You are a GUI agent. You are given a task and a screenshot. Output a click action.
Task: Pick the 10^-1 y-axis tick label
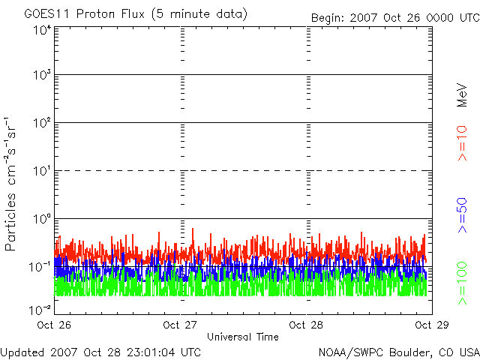[40, 266]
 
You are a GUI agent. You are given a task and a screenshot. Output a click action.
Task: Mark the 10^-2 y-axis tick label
[40, 308]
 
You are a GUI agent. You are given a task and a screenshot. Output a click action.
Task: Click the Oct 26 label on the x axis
[54, 325]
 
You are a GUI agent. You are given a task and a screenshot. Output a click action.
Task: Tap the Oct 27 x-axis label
[181, 325]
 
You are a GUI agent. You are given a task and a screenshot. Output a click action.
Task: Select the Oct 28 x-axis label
[306, 325]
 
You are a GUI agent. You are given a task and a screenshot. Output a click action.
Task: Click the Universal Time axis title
[242, 337]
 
